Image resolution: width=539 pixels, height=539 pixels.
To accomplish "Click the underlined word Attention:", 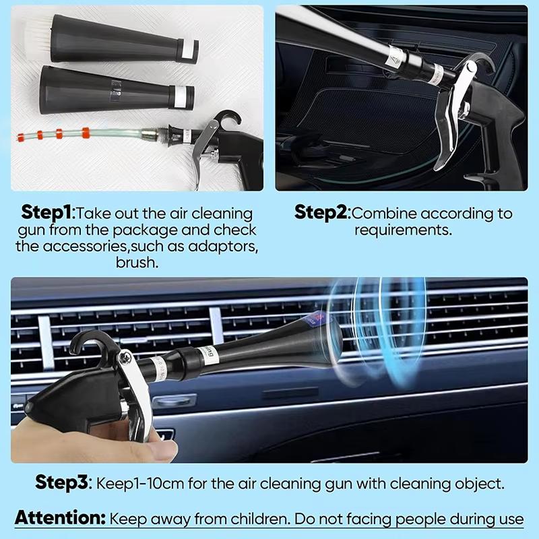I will coord(60,518).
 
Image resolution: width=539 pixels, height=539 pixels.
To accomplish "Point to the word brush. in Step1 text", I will coord(137,263).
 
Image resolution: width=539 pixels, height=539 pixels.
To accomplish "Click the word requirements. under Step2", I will coord(403,230).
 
